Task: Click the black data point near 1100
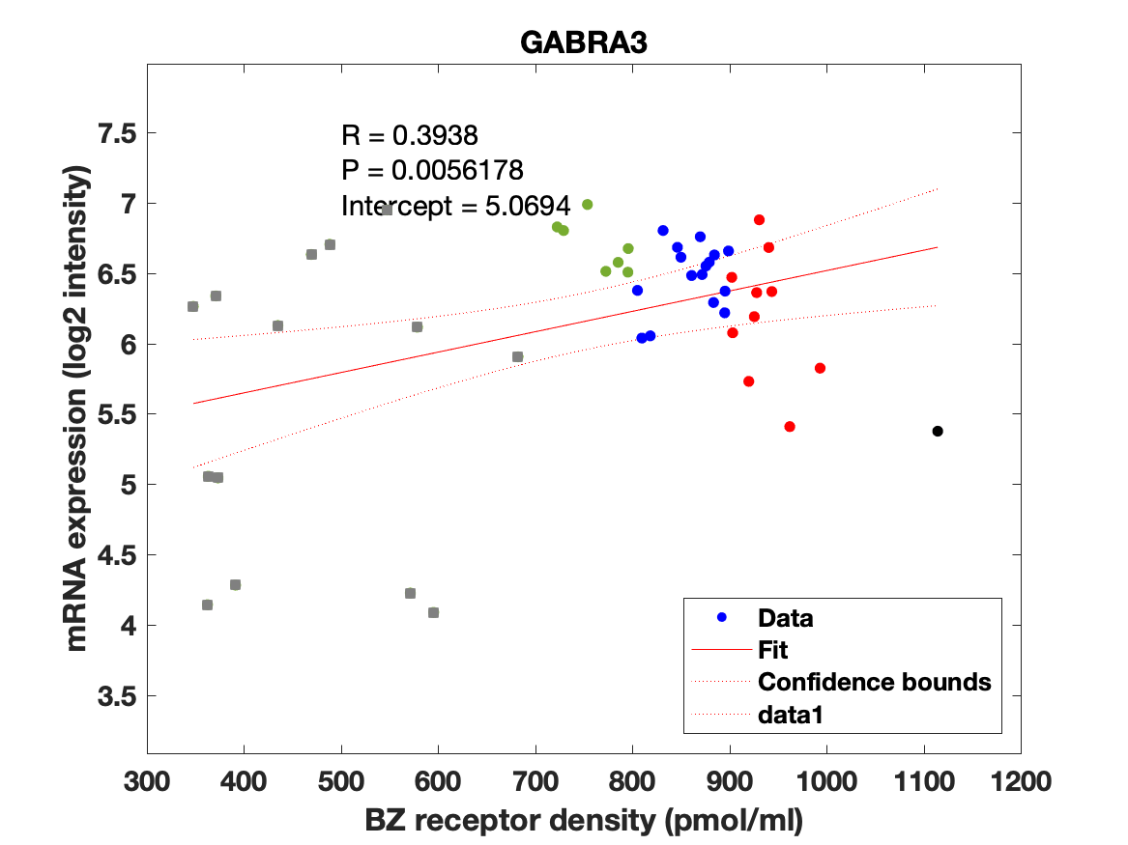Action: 938,431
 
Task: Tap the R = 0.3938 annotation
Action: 410,135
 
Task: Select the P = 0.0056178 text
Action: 432,171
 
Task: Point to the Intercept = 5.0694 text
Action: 455,206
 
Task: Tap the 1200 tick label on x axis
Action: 1021,780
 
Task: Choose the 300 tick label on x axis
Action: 147,780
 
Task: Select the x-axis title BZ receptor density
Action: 584,821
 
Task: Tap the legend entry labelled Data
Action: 785,618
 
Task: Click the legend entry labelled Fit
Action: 773,650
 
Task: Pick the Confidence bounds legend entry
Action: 874,682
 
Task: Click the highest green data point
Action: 587,205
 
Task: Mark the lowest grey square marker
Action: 433,612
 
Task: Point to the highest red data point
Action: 759,220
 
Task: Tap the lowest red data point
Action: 790,426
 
